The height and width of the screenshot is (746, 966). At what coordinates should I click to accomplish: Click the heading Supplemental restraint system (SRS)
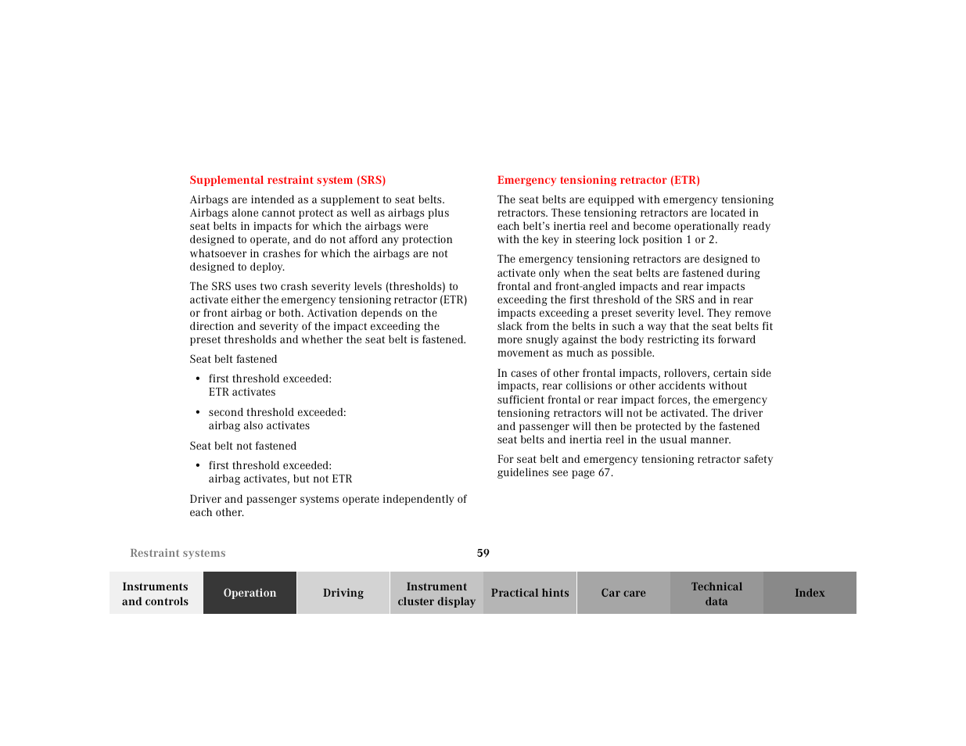point(287,180)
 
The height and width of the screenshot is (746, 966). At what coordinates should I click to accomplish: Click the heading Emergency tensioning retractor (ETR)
point(598,180)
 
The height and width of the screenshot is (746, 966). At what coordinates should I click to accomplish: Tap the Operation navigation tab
point(250,593)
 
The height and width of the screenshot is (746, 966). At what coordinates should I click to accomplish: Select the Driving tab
point(343,593)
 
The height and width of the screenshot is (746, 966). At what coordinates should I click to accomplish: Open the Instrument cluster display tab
point(436,594)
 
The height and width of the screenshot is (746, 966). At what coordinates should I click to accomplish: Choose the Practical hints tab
point(530,593)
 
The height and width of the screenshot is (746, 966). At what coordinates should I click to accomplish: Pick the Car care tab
point(623,593)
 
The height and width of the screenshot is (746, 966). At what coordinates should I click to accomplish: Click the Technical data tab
point(716,594)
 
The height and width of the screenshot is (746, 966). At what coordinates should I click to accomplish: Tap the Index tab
point(810,593)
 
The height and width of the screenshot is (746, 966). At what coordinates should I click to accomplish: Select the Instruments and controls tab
point(156,594)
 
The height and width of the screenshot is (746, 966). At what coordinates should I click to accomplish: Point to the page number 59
point(483,553)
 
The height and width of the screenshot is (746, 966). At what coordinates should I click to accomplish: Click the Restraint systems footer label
point(178,553)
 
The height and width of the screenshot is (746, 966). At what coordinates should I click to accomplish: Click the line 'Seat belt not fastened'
point(242,446)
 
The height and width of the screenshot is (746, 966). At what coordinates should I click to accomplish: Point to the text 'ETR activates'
point(242,393)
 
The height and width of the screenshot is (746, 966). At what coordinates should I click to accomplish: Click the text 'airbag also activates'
point(259,426)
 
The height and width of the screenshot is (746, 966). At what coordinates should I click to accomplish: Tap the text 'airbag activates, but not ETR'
point(280,479)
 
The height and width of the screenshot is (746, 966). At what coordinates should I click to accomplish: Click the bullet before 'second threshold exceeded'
point(198,413)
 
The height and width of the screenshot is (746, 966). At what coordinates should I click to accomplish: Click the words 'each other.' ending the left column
point(217,513)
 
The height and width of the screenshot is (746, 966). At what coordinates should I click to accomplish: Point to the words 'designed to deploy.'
point(237,267)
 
